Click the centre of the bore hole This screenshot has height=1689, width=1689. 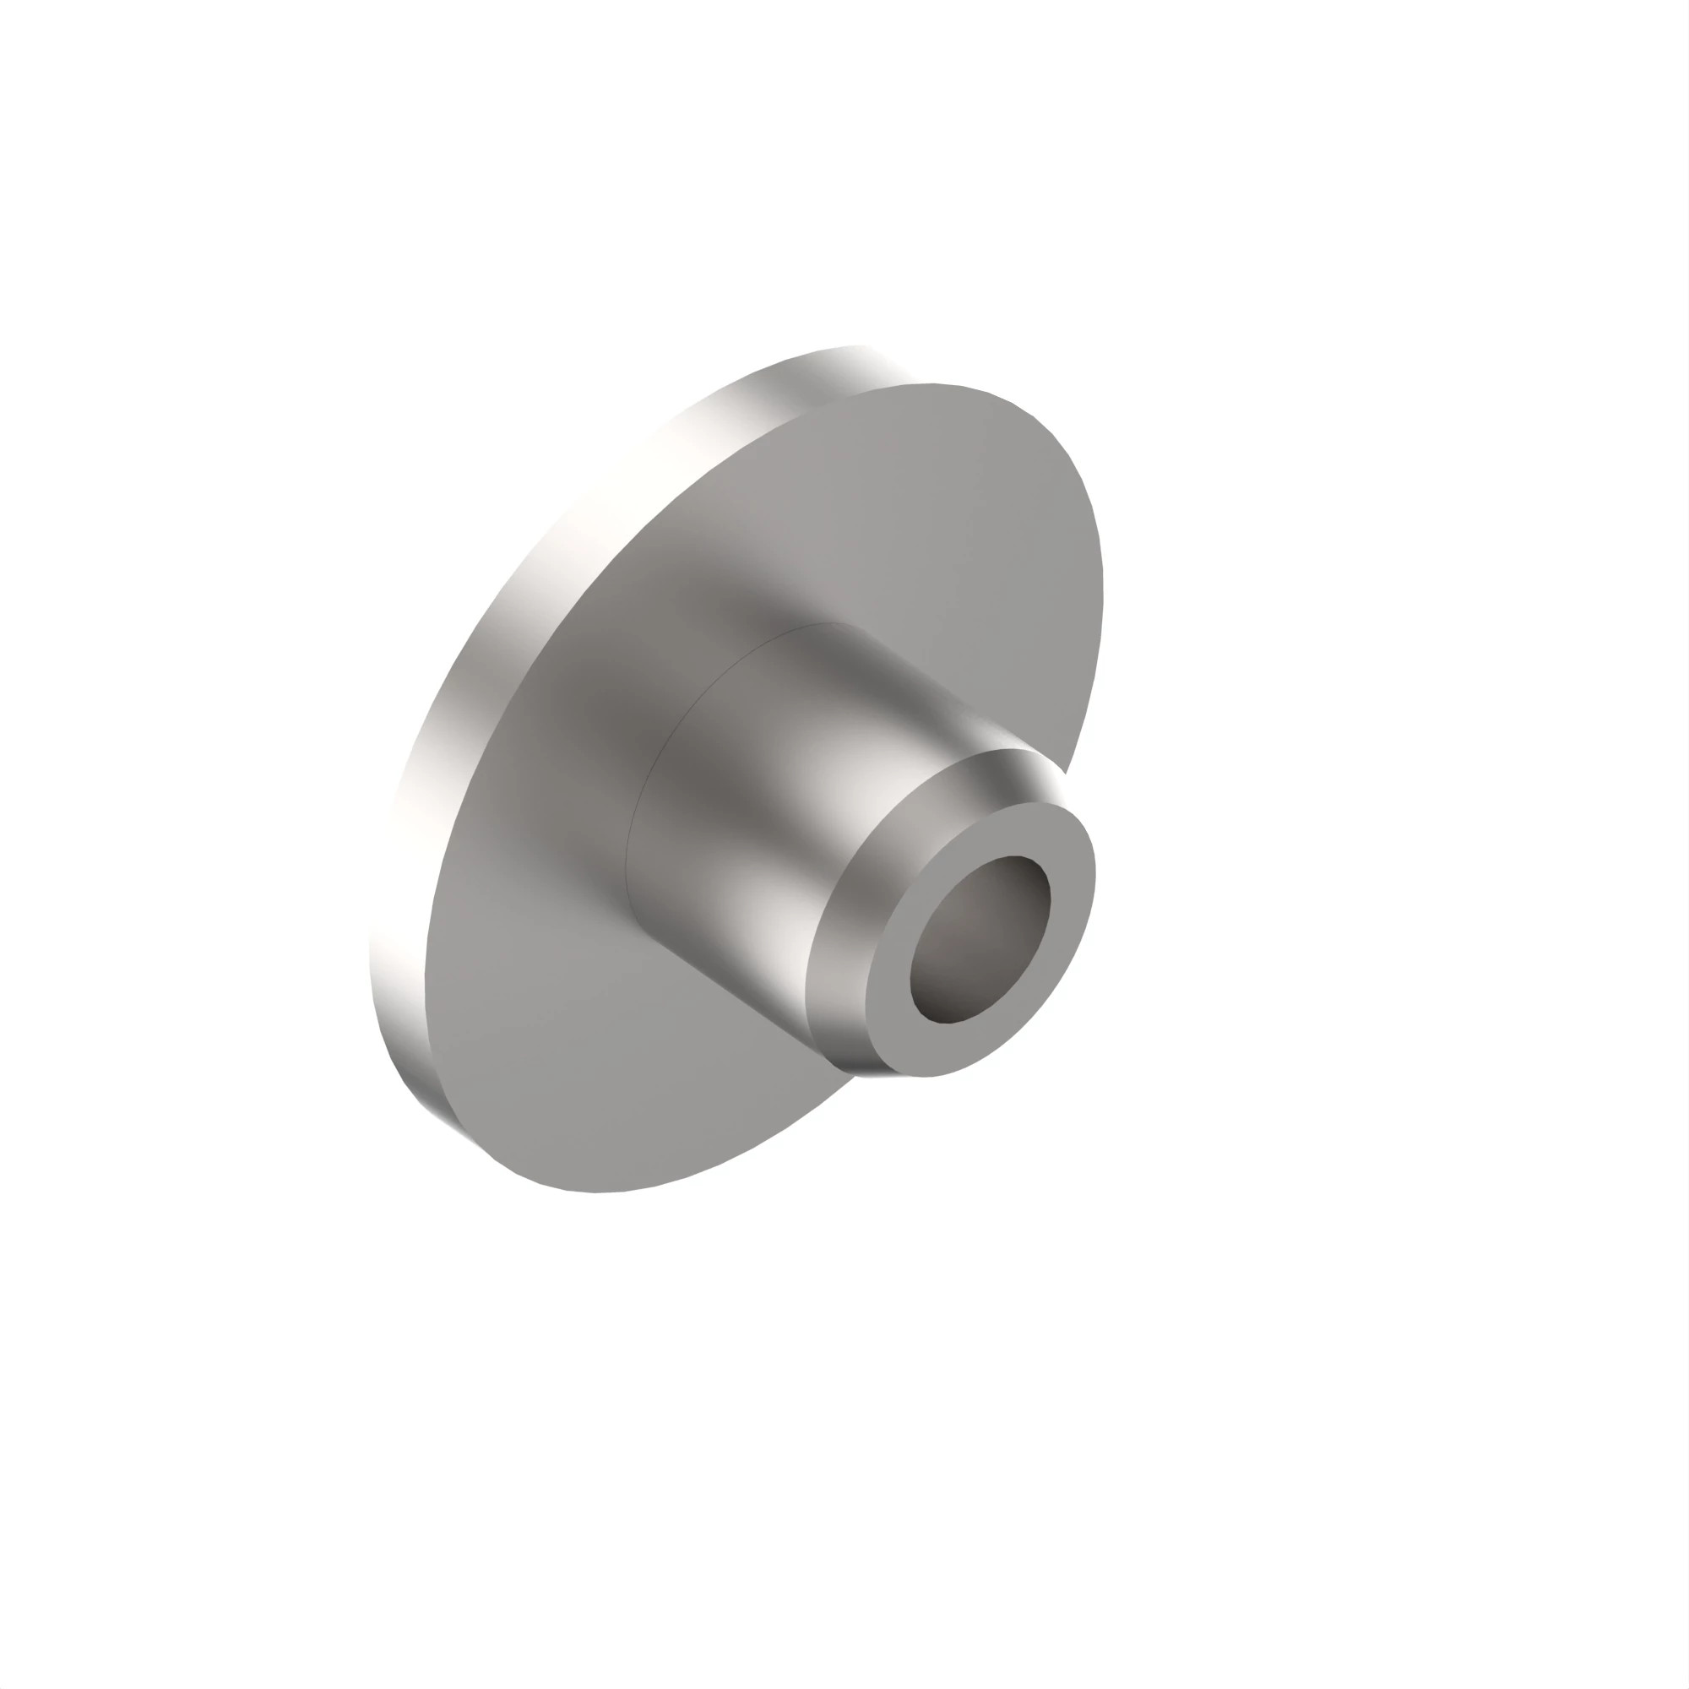tap(980, 939)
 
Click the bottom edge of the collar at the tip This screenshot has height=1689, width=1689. tap(874, 1074)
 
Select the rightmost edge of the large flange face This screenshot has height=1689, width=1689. tap(1101, 595)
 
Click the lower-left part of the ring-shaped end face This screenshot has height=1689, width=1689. tap(892, 1032)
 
